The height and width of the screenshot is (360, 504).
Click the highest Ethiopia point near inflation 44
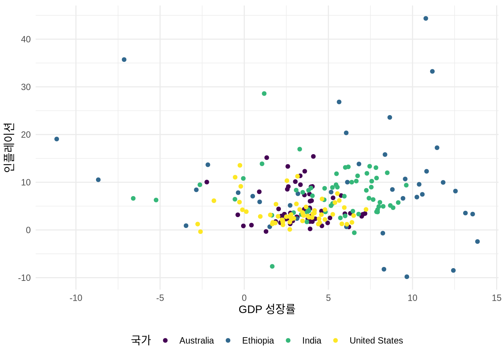click(x=426, y=18)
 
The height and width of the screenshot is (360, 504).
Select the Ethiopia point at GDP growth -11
click(x=57, y=139)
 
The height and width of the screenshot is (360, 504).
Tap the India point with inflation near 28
click(x=264, y=94)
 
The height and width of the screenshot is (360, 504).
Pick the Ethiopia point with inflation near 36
click(x=124, y=60)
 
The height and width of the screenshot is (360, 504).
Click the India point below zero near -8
click(x=272, y=267)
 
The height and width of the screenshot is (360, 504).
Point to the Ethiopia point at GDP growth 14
click(x=477, y=241)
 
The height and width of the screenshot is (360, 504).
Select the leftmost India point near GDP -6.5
click(x=133, y=198)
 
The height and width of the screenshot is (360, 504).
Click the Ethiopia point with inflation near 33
click(x=432, y=71)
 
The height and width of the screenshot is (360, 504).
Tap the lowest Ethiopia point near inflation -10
click(x=407, y=277)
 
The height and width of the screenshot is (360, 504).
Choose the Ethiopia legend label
click(x=258, y=340)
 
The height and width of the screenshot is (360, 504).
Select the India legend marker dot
click(x=288, y=340)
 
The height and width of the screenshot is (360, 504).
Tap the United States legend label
click(x=376, y=340)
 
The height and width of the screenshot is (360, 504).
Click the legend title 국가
click(x=141, y=340)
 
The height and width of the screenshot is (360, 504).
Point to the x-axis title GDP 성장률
click(x=267, y=309)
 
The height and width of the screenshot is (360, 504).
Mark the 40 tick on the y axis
click(x=26, y=39)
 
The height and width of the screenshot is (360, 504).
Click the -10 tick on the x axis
click(x=76, y=298)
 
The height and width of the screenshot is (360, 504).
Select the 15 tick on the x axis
click(x=496, y=298)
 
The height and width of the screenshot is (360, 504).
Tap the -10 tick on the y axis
click(x=24, y=278)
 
